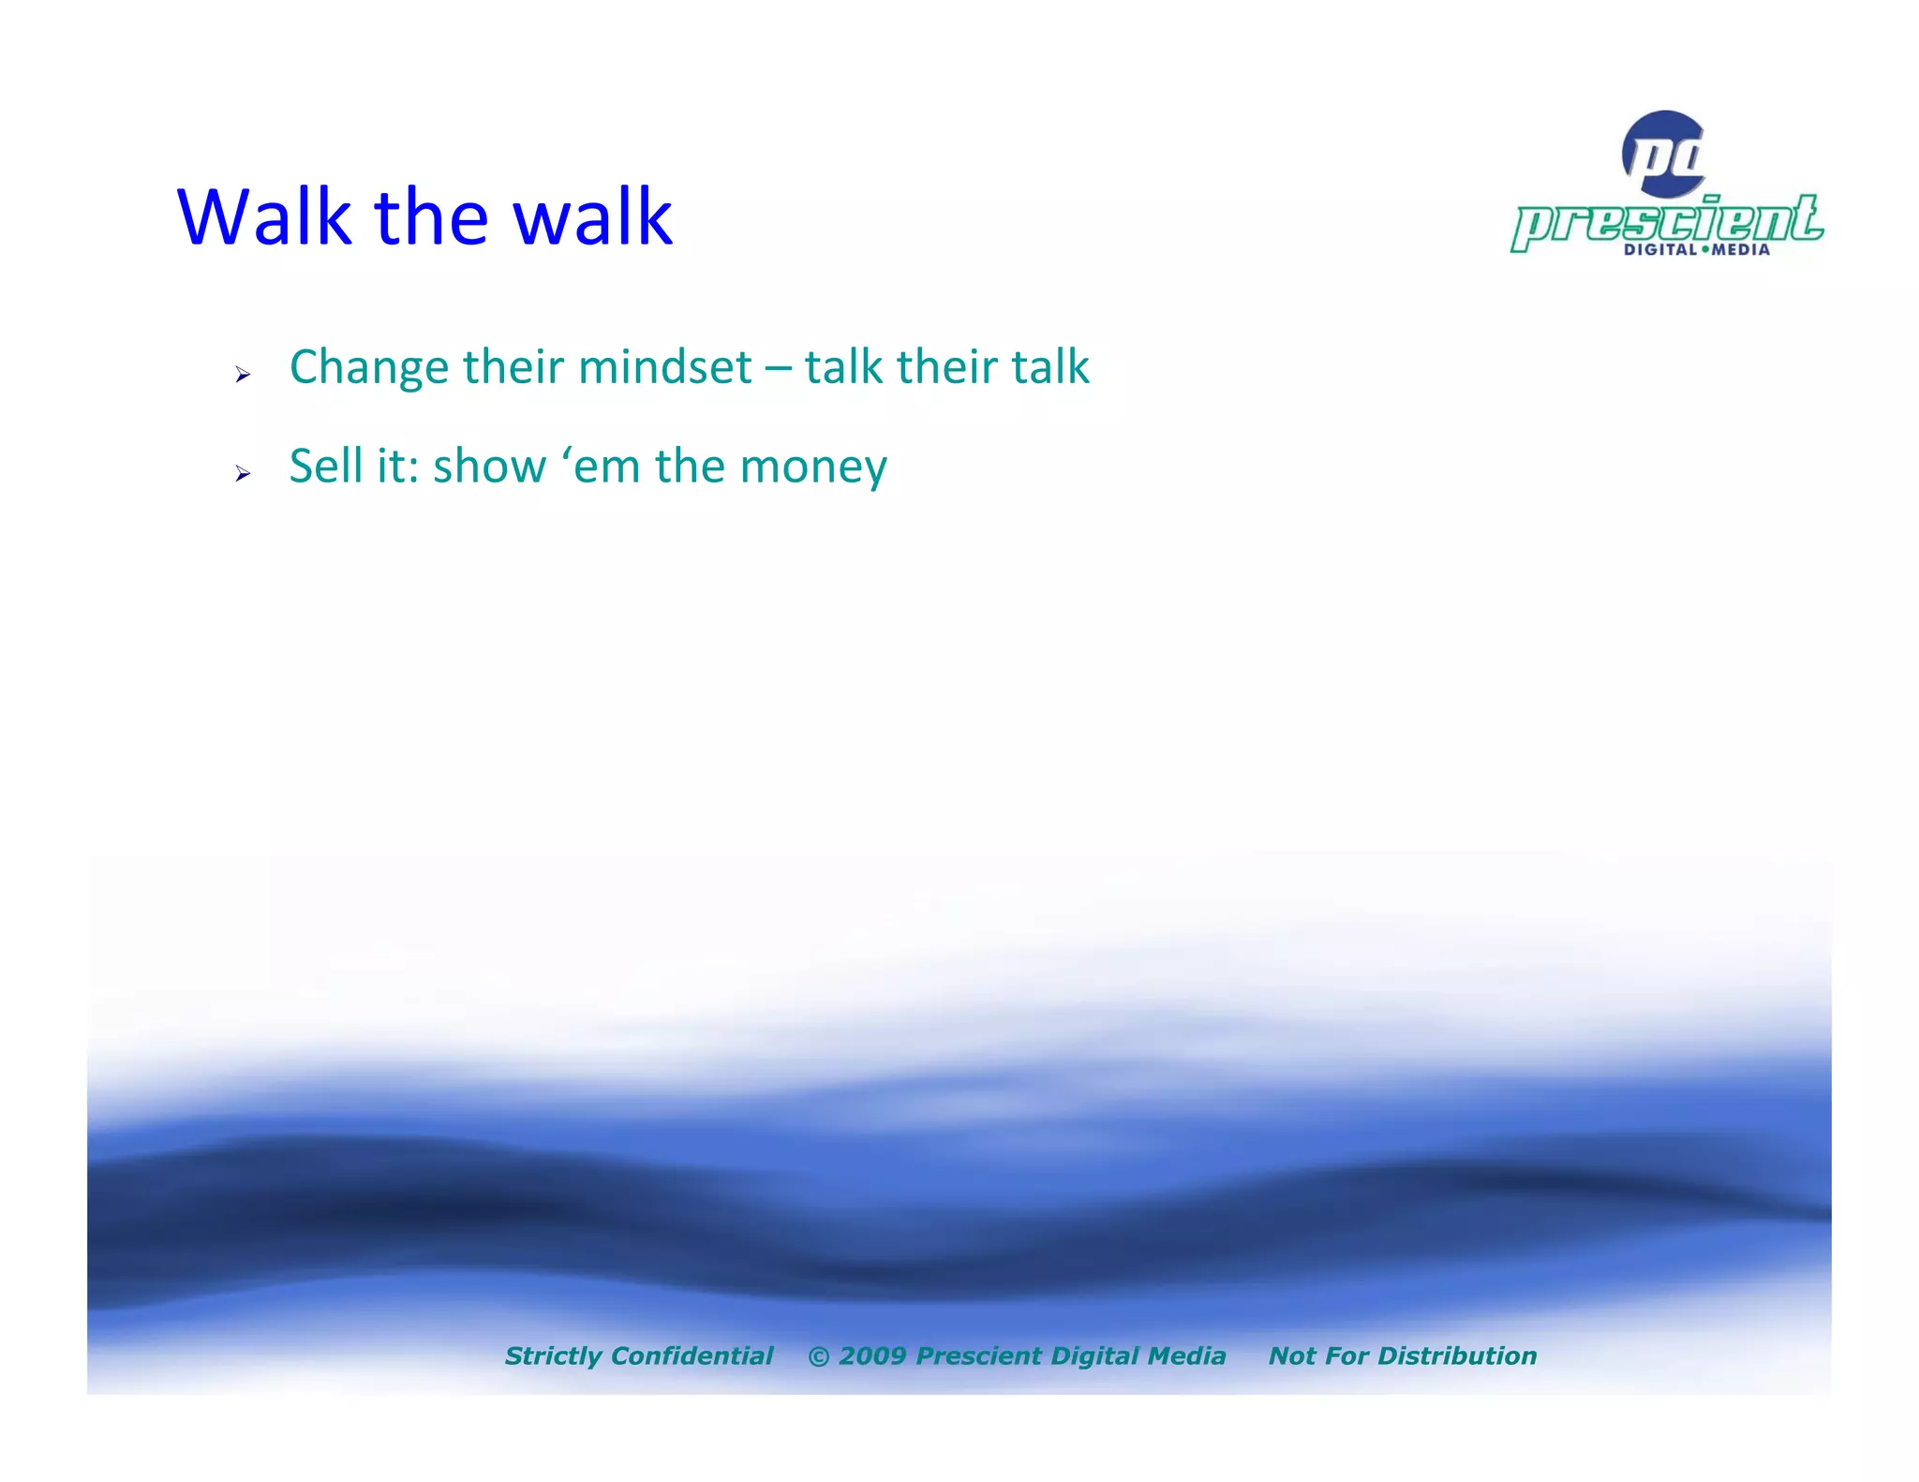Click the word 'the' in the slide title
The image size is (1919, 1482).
point(431,217)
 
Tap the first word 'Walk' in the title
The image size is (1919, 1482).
point(263,217)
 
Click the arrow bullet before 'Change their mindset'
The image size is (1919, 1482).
point(243,375)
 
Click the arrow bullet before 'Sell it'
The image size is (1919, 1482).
point(243,474)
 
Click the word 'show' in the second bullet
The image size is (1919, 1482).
point(489,467)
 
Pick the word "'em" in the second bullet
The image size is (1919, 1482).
point(600,467)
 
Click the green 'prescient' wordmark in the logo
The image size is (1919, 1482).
point(1666,221)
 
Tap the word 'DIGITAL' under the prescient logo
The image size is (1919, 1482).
point(1659,249)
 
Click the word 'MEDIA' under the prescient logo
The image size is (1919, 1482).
point(1741,249)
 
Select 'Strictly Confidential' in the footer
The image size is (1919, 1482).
point(639,1356)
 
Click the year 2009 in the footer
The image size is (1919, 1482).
point(871,1356)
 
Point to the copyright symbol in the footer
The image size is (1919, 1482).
point(818,1356)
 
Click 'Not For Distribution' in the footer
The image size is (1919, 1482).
point(1402,1356)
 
